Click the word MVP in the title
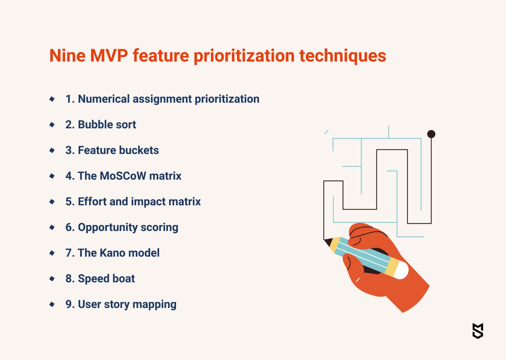click(109, 56)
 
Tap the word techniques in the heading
click(343, 56)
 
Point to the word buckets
click(139, 150)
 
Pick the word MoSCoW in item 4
click(123, 176)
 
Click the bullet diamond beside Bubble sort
click(52, 124)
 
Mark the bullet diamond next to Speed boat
click(52, 279)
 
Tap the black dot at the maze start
click(431, 134)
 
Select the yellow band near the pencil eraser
click(392, 267)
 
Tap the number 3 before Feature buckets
click(69, 150)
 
